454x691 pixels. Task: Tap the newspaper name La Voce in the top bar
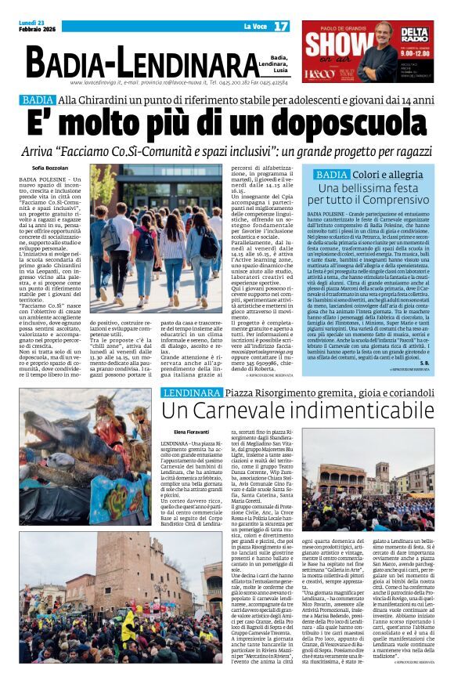pyautogui.click(x=255, y=27)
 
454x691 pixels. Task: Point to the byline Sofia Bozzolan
pyautogui.click(x=49, y=168)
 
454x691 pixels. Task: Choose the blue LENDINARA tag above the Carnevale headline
pyautogui.click(x=193, y=391)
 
